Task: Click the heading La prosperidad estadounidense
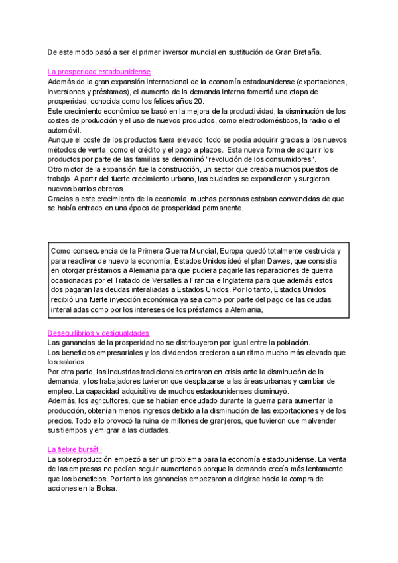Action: (99, 71)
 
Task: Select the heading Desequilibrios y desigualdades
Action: (99, 333)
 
